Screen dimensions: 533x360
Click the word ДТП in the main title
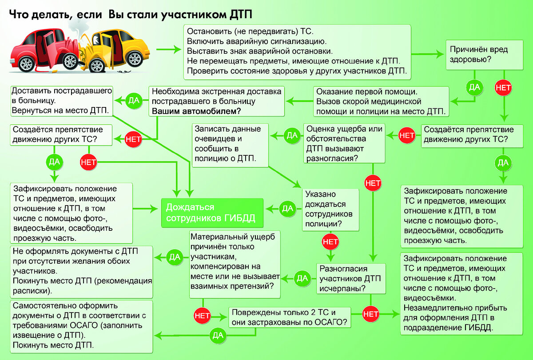click(x=241, y=15)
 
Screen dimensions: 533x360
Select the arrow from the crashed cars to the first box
click(x=169, y=49)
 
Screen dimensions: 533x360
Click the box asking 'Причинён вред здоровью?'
click(x=485, y=55)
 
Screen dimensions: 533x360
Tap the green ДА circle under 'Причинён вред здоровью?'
click(x=474, y=87)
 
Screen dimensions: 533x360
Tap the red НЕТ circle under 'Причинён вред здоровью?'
click(x=503, y=88)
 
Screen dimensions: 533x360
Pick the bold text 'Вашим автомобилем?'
click(x=196, y=111)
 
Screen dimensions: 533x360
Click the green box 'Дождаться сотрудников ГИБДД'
click(x=212, y=213)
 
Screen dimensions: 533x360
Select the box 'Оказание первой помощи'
click(x=381, y=101)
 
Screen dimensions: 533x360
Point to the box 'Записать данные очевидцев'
click(x=230, y=145)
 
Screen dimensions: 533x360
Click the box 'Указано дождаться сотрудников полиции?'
click(x=330, y=210)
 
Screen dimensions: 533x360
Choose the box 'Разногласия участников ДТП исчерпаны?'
click(x=351, y=279)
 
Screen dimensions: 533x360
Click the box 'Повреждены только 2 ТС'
click(x=290, y=317)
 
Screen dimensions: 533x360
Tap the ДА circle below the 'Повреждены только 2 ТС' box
click(x=218, y=335)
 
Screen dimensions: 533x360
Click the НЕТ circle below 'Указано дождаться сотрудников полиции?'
click(x=330, y=242)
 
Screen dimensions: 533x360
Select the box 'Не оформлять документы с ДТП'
click(x=81, y=272)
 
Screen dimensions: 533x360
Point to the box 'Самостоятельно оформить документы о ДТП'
click(x=81, y=326)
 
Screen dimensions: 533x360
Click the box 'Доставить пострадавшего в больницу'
click(x=62, y=101)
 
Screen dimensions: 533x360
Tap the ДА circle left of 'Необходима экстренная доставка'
click(x=134, y=101)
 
